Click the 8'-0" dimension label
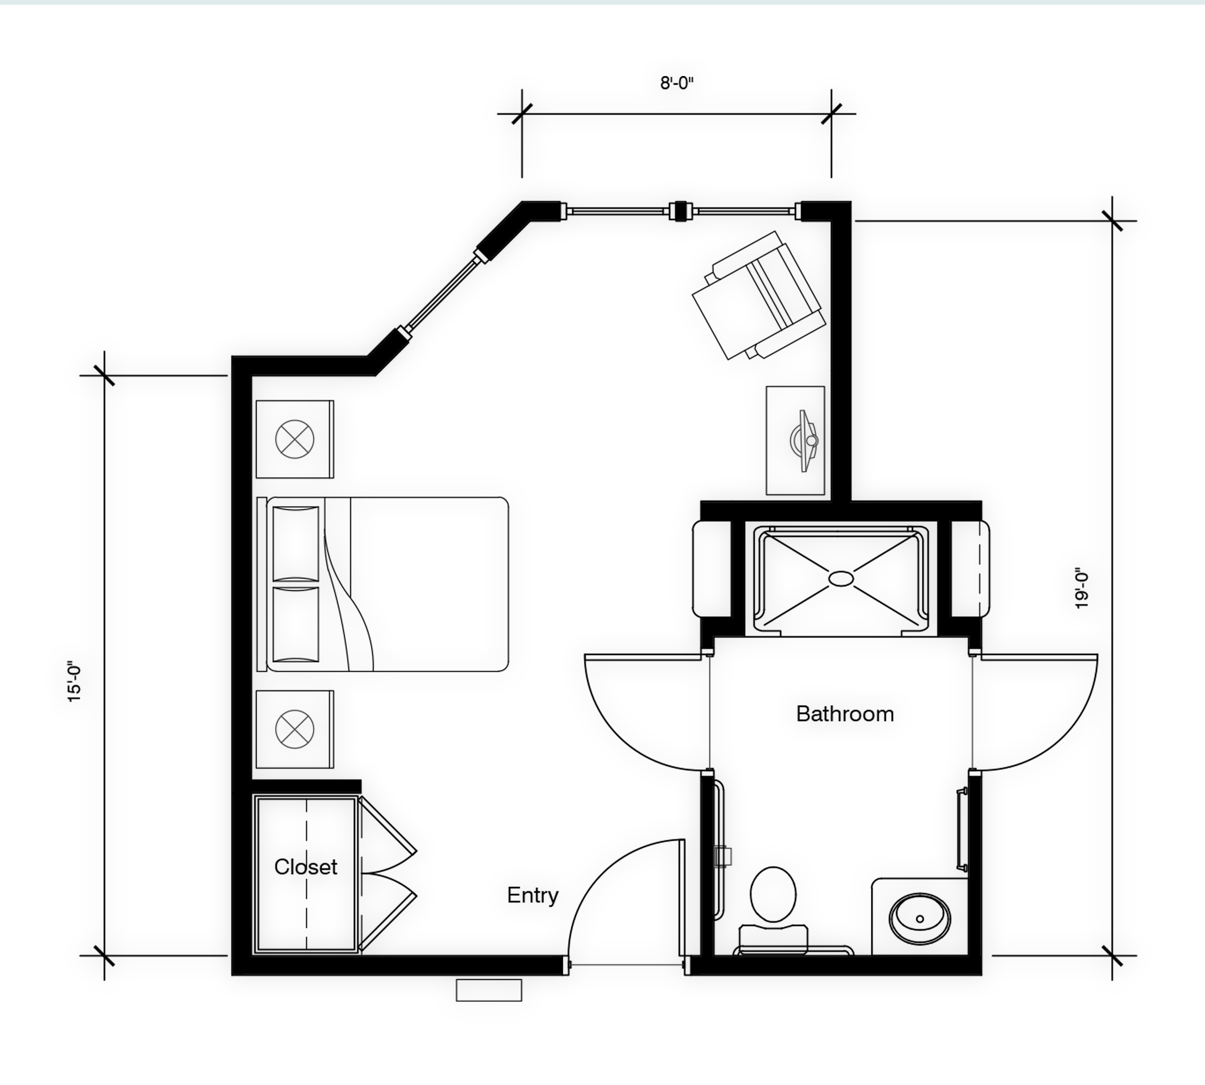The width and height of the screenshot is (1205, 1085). coord(677,83)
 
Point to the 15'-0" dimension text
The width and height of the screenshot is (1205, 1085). coord(74,681)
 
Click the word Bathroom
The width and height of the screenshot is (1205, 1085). coord(845,714)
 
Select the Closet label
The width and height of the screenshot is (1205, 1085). coord(305,866)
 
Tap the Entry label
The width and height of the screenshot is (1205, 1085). coord(533,896)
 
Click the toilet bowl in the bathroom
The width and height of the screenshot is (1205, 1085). coord(773,894)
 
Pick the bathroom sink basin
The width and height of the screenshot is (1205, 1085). coord(920,918)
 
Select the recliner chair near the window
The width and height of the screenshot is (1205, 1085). coord(759,295)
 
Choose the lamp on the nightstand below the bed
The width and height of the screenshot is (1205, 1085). coord(294,729)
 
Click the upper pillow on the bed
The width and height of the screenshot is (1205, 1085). coord(296,543)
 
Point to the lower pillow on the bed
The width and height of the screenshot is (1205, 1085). coord(296,625)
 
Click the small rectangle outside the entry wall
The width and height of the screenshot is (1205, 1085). coord(489,990)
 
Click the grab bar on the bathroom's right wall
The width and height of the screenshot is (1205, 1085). coord(961,830)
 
